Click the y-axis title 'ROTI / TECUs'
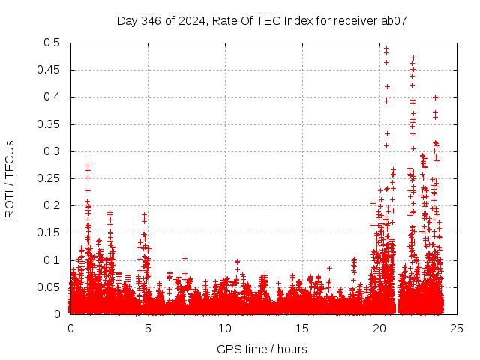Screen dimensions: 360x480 (x=10, y=178)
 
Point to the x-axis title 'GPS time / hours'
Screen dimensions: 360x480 (x=262, y=349)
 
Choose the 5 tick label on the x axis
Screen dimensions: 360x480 (x=148, y=328)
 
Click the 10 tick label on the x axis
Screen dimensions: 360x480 (x=225, y=328)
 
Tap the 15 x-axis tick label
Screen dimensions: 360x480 (x=302, y=328)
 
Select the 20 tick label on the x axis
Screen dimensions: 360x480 (x=379, y=328)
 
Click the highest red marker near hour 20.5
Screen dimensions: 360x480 (x=386, y=49)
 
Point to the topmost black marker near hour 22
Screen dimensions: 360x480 (x=413, y=58)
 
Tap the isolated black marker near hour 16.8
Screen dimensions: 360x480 (x=329, y=268)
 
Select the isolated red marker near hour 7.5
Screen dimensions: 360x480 (x=184, y=258)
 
